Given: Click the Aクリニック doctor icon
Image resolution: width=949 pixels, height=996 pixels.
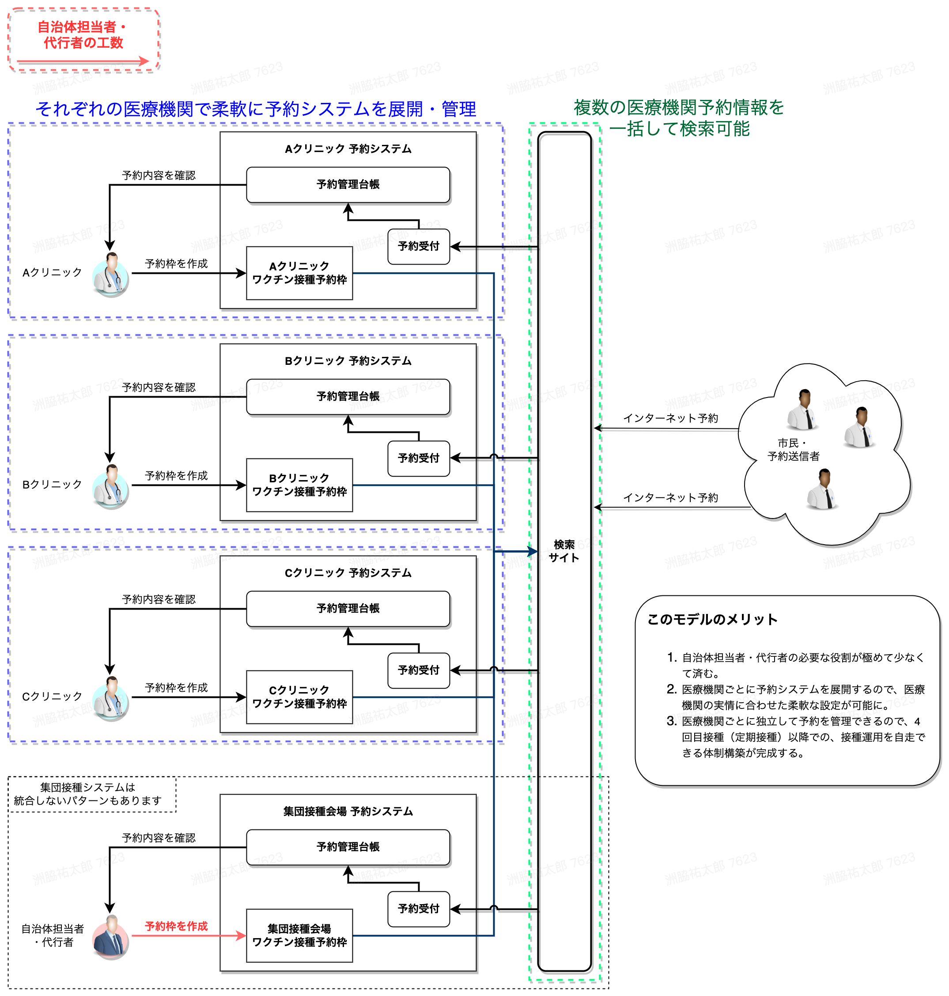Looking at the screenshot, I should point(111,274).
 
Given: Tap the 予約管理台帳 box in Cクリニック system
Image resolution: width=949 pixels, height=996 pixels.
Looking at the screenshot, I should point(348,609).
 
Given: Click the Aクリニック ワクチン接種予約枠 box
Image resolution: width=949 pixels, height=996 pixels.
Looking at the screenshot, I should point(299,273).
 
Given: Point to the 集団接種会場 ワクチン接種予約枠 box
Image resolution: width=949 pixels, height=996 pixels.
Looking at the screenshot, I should point(299,935).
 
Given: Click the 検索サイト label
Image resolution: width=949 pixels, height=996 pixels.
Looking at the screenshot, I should point(564,551).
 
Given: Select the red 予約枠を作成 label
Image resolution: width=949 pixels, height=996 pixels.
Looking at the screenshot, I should point(176,926).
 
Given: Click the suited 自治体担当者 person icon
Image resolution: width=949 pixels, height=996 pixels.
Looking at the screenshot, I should point(111,937).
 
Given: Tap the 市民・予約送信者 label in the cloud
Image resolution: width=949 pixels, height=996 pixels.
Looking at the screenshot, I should point(793,450).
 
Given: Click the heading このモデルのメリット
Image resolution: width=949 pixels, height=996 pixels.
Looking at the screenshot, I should point(712,620).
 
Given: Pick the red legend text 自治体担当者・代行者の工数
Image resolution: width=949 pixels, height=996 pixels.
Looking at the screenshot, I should point(83,35).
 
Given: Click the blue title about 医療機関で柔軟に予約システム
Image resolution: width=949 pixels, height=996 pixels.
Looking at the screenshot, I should point(255,109).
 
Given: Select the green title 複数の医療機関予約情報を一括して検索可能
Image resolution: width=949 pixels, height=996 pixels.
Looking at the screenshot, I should point(679,118).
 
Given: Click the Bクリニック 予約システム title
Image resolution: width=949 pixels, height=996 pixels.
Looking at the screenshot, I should point(348,361).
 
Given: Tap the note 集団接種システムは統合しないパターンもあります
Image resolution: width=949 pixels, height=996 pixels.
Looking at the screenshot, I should point(87,794).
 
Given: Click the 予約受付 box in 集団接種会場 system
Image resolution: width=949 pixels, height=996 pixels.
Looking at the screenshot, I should point(418,909).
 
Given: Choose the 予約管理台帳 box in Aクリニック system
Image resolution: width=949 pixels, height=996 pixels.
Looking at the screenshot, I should point(348,185).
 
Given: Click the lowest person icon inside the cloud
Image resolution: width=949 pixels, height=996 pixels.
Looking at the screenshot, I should point(822,489).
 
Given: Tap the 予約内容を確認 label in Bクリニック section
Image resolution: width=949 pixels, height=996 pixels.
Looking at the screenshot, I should point(159,387).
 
